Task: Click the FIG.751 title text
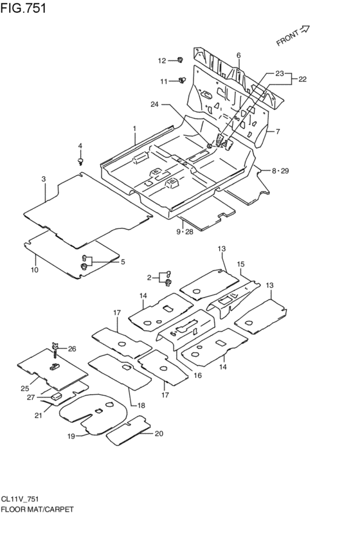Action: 23,7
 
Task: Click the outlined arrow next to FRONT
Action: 305,30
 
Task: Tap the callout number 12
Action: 162,61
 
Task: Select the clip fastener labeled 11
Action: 182,80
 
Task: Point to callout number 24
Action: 154,104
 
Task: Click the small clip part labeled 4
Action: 81,161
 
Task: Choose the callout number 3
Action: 44,179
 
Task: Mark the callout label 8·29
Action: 280,171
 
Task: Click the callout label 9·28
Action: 185,232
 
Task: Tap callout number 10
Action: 35,270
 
